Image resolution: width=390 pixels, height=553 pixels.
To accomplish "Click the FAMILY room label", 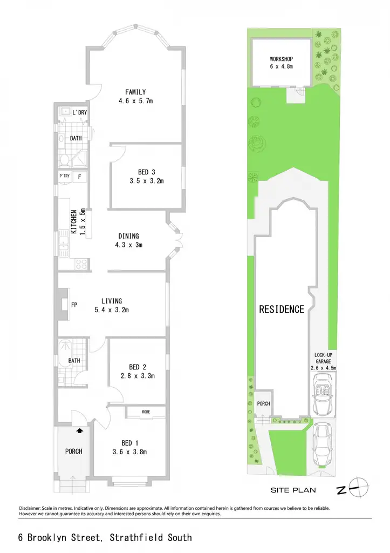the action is pyautogui.click(x=135, y=92).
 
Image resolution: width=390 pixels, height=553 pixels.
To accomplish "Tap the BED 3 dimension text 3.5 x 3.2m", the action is pyautogui.click(x=147, y=181).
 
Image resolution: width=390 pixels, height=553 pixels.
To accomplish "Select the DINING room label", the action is pyautogui.click(x=128, y=236).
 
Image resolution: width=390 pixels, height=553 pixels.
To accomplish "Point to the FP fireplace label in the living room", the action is pyautogui.click(x=74, y=305).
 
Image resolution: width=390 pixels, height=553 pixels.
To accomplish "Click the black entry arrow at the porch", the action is pyautogui.click(x=80, y=430).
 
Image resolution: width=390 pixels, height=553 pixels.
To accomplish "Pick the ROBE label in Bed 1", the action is pyautogui.click(x=146, y=412).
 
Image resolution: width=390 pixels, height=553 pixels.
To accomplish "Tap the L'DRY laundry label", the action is pyautogui.click(x=80, y=112).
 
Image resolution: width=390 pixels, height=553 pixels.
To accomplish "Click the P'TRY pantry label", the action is pyautogui.click(x=65, y=176).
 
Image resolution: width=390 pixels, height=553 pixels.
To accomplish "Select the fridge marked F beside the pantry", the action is pyautogui.click(x=80, y=177).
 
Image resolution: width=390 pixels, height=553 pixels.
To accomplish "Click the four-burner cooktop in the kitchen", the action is pyautogui.click(x=81, y=264).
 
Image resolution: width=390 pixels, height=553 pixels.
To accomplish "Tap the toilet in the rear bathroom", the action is pyautogui.click(x=65, y=160).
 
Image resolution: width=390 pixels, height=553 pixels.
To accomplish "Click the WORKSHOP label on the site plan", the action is pyautogui.click(x=281, y=59).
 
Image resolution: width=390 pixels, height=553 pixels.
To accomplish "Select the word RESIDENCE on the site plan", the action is pyautogui.click(x=282, y=309).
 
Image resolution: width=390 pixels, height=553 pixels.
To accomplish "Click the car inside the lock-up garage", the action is pyautogui.click(x=323, y=394).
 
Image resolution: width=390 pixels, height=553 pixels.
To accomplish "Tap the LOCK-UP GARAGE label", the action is pyautogui.click(x=324, y=358).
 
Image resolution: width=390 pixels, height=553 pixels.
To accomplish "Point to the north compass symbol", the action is pyautogui.click(x=359, y=488).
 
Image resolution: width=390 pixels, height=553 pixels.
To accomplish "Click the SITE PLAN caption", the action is pyautogui.click(x=293, y=490).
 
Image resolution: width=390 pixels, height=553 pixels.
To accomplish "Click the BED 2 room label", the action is pyautogui.click(x=138, y=367).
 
